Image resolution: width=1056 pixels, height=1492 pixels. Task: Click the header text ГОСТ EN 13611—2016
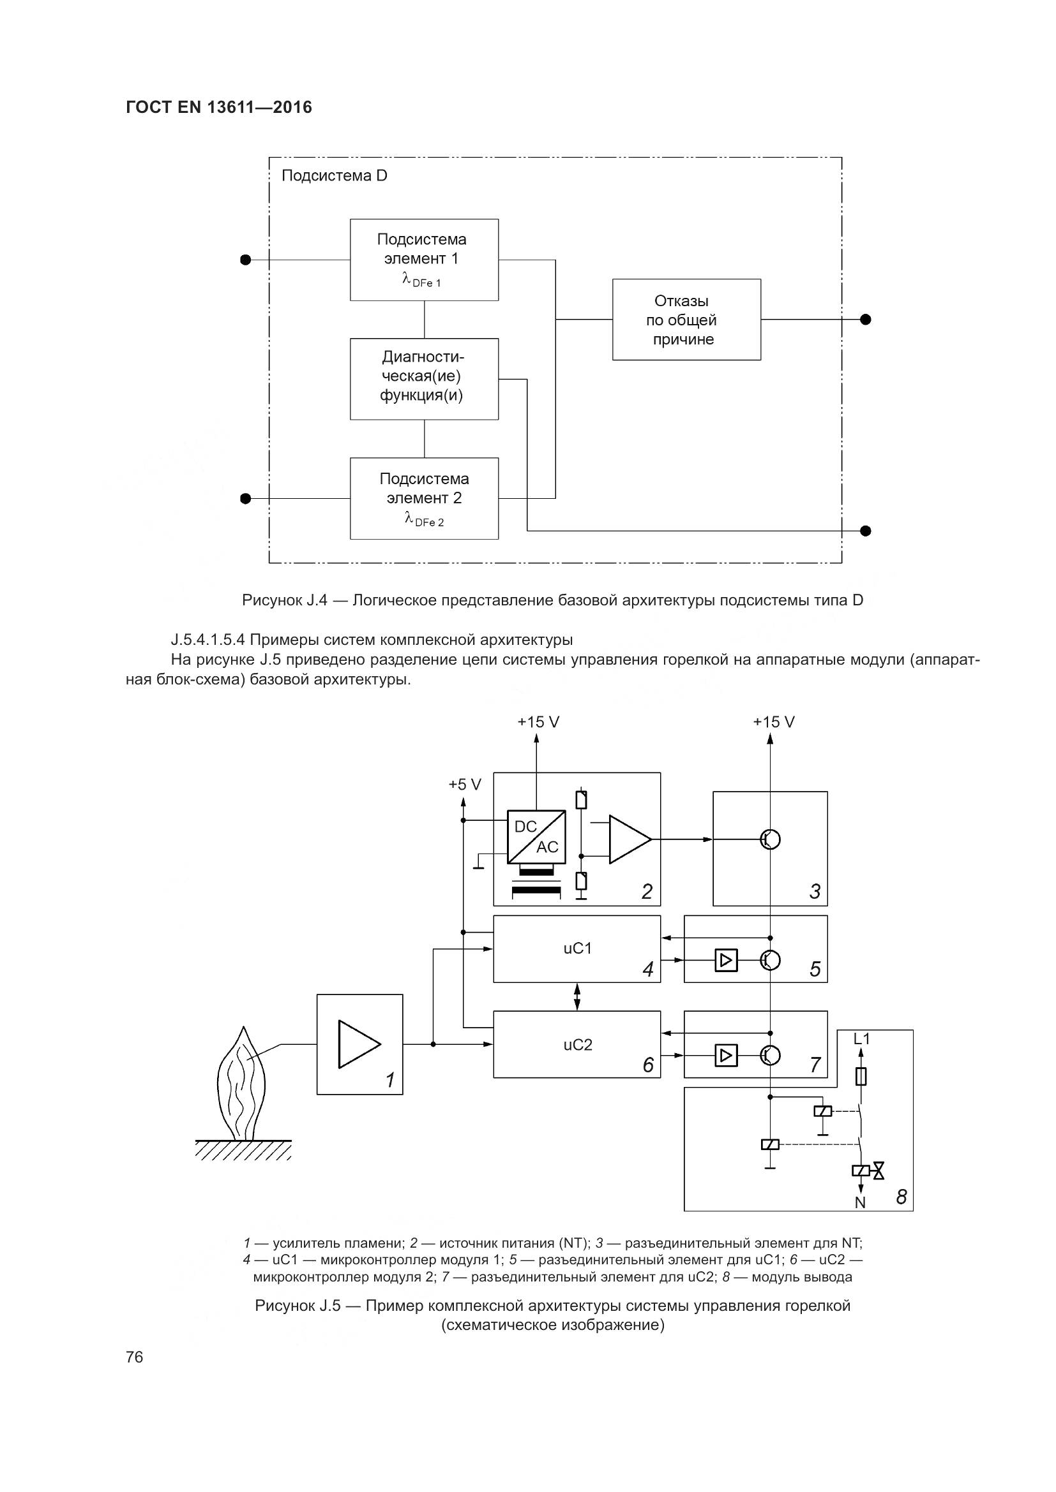tap(218, 107)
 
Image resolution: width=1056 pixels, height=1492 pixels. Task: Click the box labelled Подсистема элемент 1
tap(424, 260)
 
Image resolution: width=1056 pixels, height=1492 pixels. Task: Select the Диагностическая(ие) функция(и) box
tap(424, 379)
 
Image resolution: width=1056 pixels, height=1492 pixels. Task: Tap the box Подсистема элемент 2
tap(424, 498)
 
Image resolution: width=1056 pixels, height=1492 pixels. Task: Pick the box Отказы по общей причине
tap(686, 320)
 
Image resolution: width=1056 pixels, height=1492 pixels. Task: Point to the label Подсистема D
tap(334, 176)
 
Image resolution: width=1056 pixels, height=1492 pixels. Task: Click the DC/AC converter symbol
tap(536, 836)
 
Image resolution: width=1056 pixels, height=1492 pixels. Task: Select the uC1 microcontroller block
tap(577, 949)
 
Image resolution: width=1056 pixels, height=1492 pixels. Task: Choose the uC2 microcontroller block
tap(577, 1044)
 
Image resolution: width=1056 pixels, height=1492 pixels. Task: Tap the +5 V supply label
tap(464, 785)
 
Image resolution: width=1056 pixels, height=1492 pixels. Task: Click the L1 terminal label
tap(861, 1039)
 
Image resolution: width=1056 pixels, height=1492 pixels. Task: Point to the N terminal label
tap(859, 1203)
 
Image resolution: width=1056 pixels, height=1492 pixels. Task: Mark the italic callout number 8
tap(901, 1196)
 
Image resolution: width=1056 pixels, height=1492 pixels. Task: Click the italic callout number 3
tap(815, 891)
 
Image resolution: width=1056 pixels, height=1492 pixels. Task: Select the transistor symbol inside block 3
tap(770, 839)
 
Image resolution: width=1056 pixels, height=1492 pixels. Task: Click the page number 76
tap(135, 1357)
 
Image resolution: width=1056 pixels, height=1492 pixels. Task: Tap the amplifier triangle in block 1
tap(358, 1044)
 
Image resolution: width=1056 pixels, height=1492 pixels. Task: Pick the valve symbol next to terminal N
tap(879, 1171)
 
